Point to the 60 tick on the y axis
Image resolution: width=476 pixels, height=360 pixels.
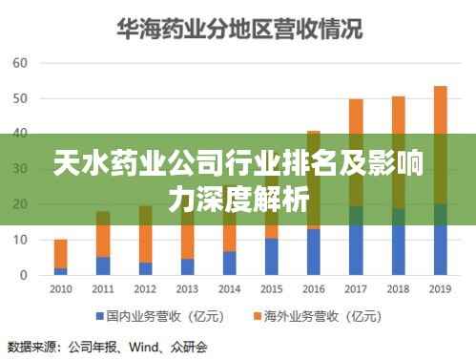coord(19,63)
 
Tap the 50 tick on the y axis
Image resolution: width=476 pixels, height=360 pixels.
coord(19,98)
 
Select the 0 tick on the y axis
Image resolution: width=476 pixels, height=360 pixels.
coord(23,274)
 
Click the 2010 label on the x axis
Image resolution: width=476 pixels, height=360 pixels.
coord(61,288)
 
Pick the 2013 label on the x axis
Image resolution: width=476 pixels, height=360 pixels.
coord(187,288)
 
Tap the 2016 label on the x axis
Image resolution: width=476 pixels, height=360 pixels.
coord(314,288)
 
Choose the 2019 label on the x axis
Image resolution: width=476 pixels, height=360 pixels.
coord(440,288)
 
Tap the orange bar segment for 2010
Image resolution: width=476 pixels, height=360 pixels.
coord(61,253)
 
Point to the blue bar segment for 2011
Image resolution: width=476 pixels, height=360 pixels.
coord(103,265)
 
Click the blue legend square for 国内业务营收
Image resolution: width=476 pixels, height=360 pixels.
coord(99,314)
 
